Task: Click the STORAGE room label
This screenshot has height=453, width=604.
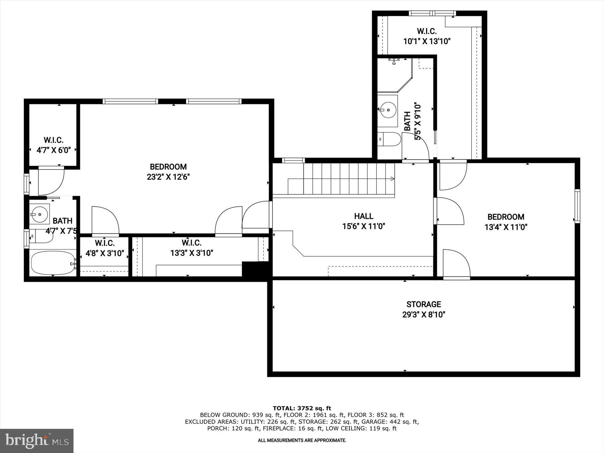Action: (423, 304)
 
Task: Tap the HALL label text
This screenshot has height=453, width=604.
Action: (364, 216)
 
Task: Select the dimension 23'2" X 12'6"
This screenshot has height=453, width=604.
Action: (168, 177)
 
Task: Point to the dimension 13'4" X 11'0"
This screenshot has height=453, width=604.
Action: (506, 227)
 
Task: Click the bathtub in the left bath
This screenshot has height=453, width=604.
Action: (52, 263)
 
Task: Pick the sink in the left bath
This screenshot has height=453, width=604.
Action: (39, 213)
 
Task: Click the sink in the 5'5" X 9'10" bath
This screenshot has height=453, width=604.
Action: (388, 109)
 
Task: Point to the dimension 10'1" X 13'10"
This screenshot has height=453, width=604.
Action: (426, 42)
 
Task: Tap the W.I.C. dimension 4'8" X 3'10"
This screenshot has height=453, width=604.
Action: (105, 253)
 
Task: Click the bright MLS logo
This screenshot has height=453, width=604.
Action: (37, 441)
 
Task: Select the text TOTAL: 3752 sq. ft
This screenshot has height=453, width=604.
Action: (302, 408)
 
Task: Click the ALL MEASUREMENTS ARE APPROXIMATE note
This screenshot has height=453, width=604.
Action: (302, 440)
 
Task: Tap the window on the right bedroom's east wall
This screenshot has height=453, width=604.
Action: (577, 206)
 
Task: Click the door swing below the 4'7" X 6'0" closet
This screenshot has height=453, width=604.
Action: (50, 181)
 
